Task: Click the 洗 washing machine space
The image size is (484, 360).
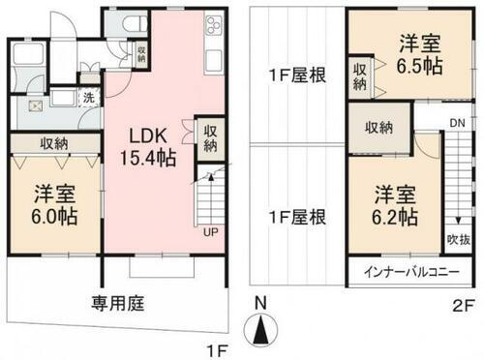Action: coord(88,98)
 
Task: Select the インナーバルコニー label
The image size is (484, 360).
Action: coord(412,272)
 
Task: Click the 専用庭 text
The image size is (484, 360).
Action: coord(119,303)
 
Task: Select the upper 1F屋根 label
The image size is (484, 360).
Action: coord(296,74)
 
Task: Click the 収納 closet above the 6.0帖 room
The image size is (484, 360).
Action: coord(54,142)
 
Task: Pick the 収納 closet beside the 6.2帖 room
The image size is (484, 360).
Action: coord(379,128)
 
